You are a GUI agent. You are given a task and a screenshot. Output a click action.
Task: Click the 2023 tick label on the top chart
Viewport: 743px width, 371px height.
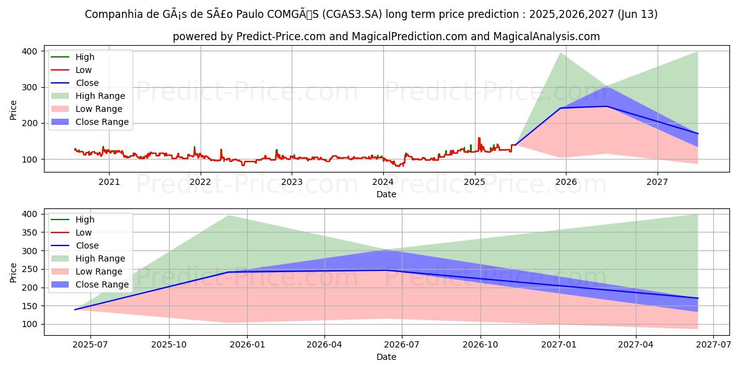292,182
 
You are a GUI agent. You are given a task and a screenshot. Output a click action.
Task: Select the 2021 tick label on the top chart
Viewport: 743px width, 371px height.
109,182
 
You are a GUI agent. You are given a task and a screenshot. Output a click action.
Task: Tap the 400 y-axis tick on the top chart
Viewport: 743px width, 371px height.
28,51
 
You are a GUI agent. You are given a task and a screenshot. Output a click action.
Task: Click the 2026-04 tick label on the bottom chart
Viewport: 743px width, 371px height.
324,345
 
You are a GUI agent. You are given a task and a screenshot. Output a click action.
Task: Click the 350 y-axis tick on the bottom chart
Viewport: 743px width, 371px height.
28,232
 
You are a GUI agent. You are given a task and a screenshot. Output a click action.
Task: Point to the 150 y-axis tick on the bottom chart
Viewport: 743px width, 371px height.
28,306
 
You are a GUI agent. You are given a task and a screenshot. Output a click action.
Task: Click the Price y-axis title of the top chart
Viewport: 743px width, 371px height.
14,110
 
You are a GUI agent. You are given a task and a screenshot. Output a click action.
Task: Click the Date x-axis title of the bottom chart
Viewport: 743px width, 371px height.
386,357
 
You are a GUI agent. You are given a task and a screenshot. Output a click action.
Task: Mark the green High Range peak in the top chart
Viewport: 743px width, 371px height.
561,53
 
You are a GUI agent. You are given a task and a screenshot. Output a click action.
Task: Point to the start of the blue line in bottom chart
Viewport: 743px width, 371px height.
75,310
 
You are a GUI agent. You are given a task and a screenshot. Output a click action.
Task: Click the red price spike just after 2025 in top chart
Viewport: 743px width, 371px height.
479,139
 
